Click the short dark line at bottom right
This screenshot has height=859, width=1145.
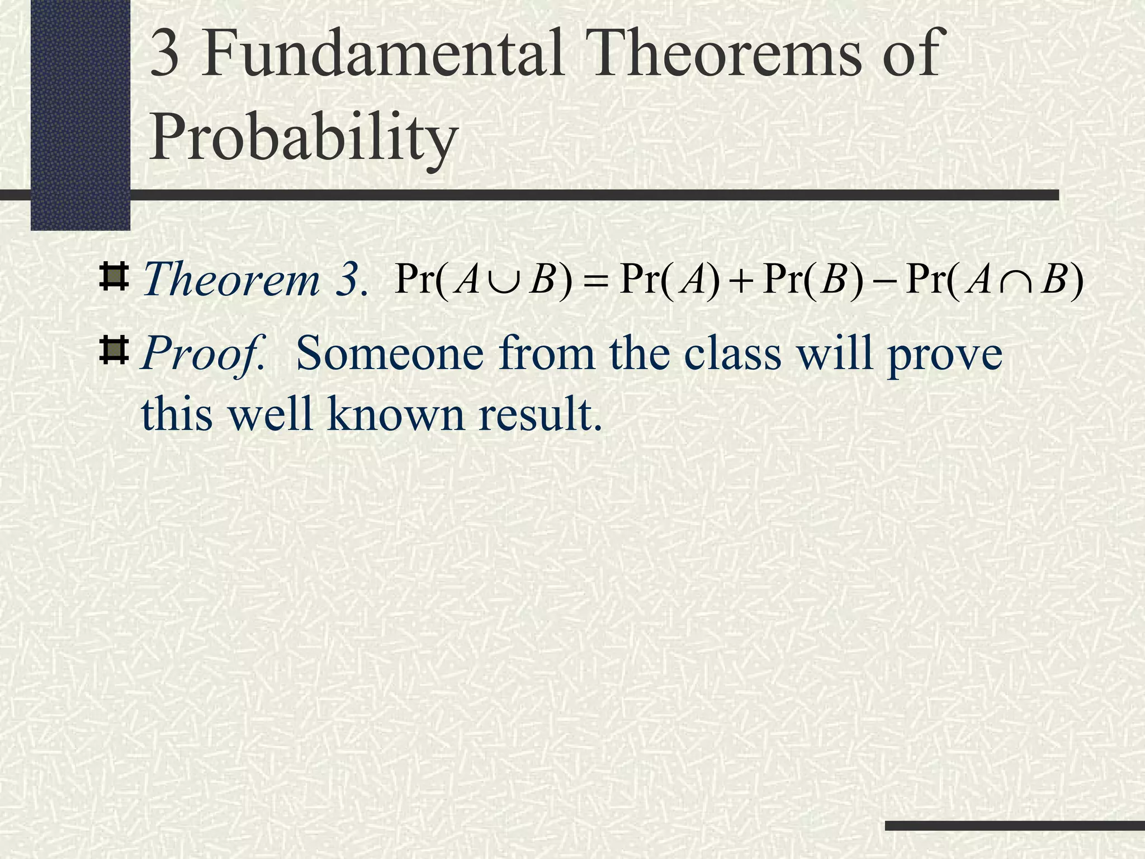click(x=1015, y=825)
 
